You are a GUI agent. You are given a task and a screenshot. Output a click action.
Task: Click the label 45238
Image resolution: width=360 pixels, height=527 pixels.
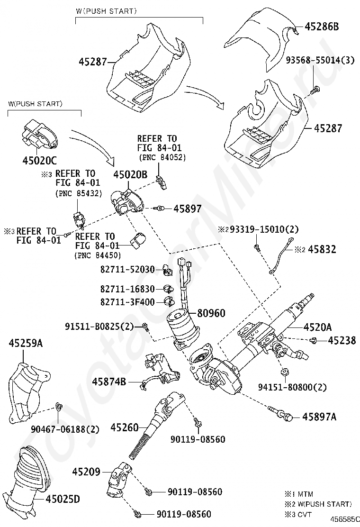click(341, 340)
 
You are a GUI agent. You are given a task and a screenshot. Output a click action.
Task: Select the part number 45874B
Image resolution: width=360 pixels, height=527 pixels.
click(109, 381)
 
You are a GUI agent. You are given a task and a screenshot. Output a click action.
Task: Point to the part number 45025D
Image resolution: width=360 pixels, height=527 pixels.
click(63, 499)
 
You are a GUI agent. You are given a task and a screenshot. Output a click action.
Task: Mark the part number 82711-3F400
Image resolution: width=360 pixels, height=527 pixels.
click(127, 302)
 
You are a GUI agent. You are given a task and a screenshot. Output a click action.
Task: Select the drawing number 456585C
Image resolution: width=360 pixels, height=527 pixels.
click(344, 519)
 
